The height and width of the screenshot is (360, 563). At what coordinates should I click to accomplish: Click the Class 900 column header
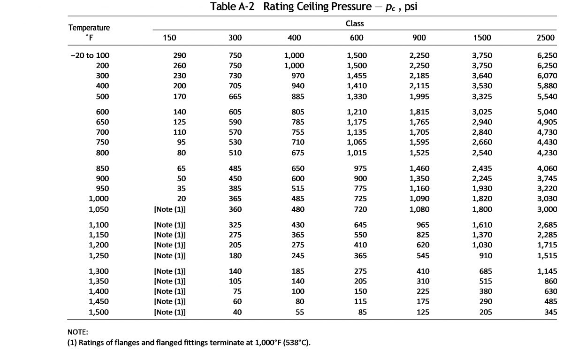click(419, 38)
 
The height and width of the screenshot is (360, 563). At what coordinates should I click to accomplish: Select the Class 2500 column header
click(545, 38)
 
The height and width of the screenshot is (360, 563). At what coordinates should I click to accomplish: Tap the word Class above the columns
click(355, 23)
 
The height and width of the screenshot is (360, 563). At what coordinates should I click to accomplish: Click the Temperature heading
click(89, 27)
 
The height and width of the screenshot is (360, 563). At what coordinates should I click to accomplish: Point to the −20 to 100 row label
click(90, 55)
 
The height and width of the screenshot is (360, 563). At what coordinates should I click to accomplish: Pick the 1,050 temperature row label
click(99, 209)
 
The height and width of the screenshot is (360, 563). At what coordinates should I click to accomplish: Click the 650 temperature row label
click(102, 122)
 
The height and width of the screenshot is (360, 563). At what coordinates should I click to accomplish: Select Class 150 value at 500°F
click(179, 97)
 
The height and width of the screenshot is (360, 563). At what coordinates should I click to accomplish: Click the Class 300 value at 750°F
click(235, 142)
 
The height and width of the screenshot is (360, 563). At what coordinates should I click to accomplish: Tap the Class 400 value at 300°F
click(298, 76)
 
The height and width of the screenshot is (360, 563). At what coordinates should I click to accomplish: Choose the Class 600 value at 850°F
click(360, 168)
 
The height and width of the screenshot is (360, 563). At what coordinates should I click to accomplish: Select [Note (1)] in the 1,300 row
click(170, 271)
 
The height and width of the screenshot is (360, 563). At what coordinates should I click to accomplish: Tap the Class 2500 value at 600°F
click(547, 112)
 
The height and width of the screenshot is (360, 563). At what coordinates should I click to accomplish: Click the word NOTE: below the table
click(78, 332)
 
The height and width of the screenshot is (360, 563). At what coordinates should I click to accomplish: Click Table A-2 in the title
click(232, 7)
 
